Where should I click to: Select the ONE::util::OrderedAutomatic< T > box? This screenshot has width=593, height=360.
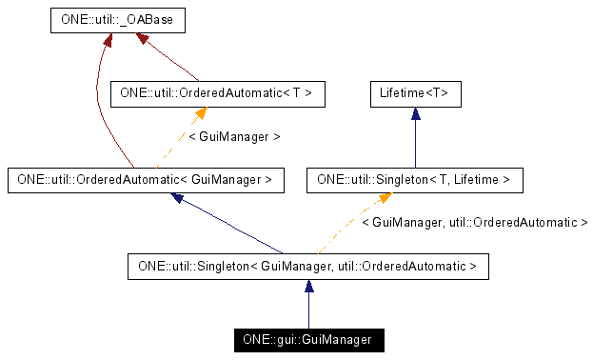coord(218,93)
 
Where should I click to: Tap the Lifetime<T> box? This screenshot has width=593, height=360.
coord(415,93)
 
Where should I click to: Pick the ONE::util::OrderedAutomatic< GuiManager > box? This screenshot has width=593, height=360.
coord(146,178)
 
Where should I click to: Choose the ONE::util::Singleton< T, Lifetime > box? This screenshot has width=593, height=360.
coord(414,178)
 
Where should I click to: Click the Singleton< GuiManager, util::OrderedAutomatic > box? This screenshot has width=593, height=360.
coord(307,266)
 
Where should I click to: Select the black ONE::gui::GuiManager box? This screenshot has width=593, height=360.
coord(307,339)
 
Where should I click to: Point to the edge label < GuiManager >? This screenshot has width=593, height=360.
coord(234,136)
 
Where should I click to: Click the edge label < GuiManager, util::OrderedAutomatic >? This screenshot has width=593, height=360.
coord(474,222)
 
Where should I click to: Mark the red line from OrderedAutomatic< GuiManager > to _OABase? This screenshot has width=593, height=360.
coord(103,105)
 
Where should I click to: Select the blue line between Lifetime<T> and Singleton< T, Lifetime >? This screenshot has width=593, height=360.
coord(415,138)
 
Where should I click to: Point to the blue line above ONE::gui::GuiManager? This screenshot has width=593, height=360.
coord(307,307)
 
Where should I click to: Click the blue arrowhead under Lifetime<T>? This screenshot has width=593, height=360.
coord(415,112)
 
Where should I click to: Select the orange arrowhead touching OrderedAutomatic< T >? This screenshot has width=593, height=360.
coord(200,112)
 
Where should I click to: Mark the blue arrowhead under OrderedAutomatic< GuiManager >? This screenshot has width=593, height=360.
coord(178,197)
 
